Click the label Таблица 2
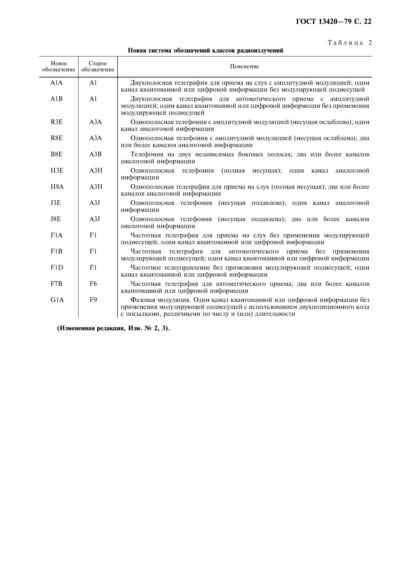point(350,43)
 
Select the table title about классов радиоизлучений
point(205,51)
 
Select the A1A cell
point(57,83)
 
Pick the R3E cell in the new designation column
point(57,122)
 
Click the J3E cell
point(56,203)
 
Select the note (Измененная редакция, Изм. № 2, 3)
point(113,328)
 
